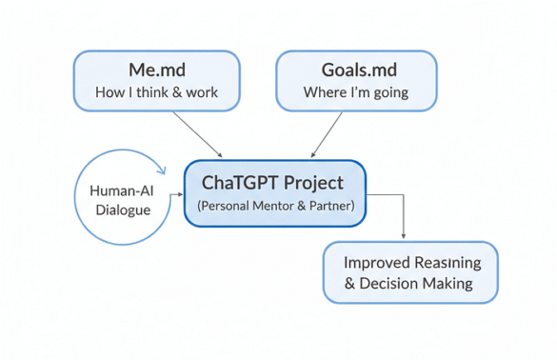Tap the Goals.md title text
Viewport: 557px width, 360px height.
[355, 70]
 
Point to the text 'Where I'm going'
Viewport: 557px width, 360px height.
[355, 92]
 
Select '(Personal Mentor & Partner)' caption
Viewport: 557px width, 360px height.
[274, 206]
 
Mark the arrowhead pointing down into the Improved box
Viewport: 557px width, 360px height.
[405, 235]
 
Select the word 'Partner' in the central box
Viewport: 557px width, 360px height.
[327, 206]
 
